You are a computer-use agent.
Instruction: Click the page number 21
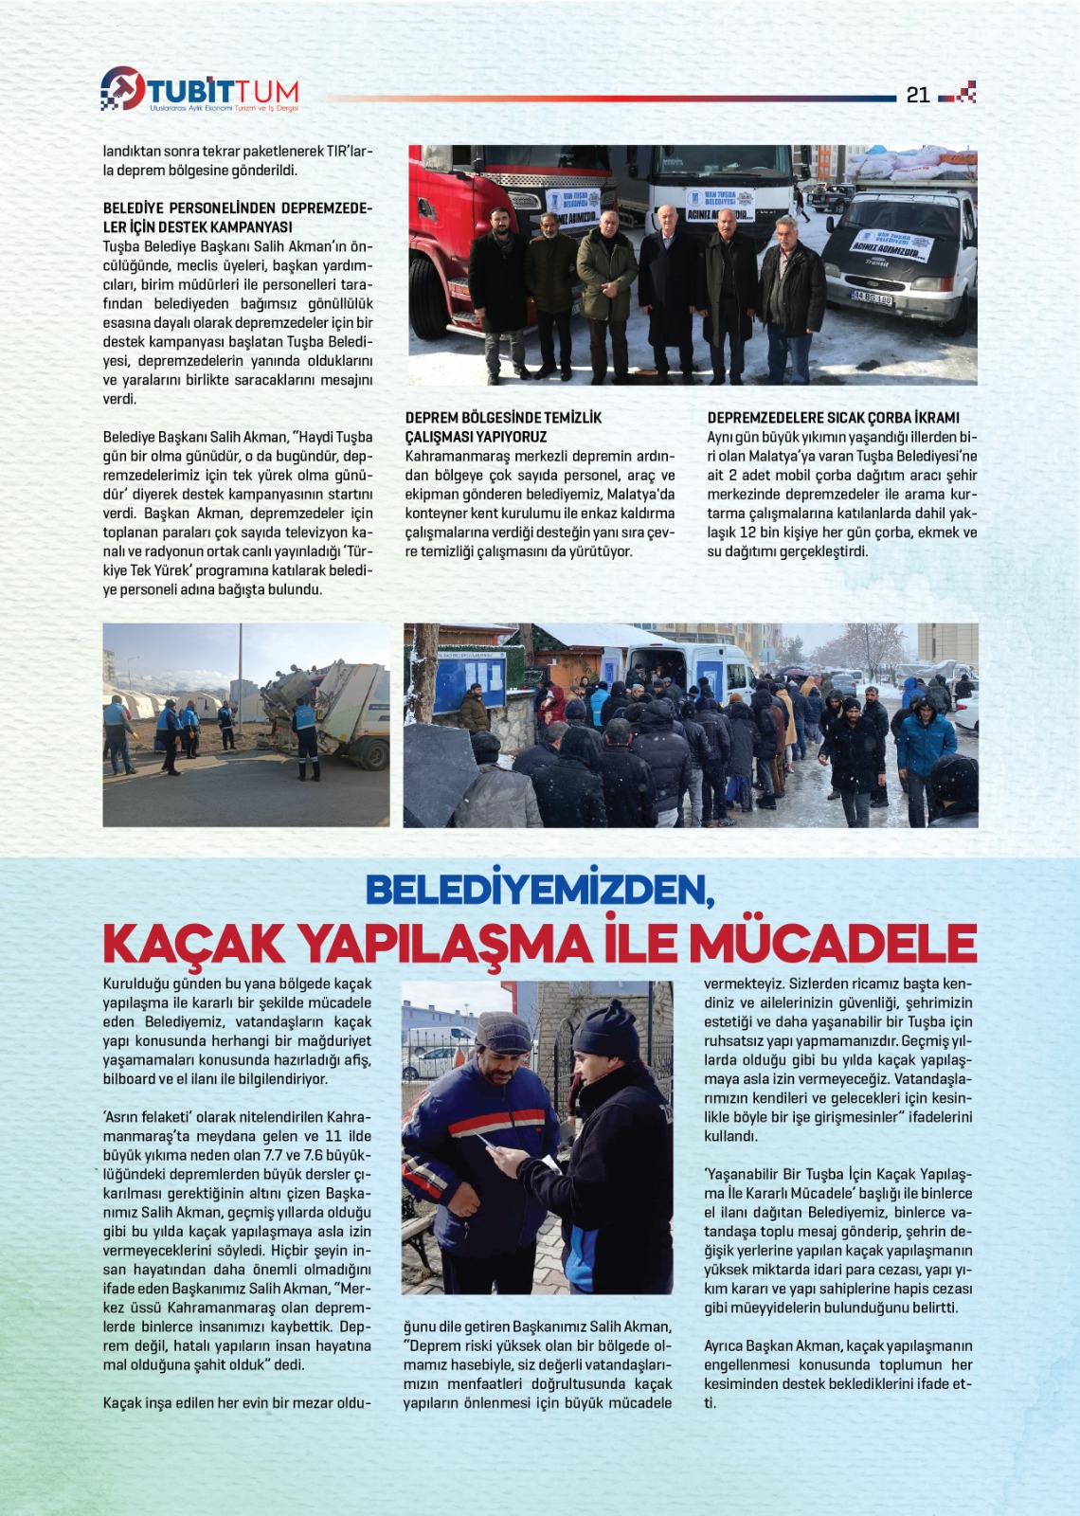918,95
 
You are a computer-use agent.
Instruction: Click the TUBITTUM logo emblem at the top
122,88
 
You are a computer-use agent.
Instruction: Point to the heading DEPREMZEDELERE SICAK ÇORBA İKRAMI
833,417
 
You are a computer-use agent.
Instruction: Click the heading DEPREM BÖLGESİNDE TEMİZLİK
503,417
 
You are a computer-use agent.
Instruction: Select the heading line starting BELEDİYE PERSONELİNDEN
237,208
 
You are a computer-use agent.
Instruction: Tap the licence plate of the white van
871,298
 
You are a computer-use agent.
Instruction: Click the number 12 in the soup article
747,532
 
